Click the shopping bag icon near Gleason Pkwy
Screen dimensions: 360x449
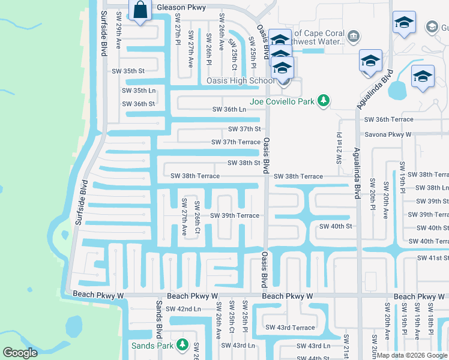140,11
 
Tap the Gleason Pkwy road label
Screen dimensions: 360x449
181,8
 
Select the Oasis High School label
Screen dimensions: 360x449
240,80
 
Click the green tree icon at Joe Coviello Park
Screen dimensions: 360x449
324,101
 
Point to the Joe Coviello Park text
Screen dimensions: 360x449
282,101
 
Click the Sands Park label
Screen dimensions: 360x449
152,346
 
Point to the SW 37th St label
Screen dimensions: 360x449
244,129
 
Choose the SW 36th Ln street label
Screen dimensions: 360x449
229,109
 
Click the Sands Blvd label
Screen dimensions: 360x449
160,320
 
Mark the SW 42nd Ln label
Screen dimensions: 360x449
182,308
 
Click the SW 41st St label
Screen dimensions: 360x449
433,258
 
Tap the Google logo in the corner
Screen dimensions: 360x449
20,353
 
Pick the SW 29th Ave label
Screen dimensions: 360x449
119,38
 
